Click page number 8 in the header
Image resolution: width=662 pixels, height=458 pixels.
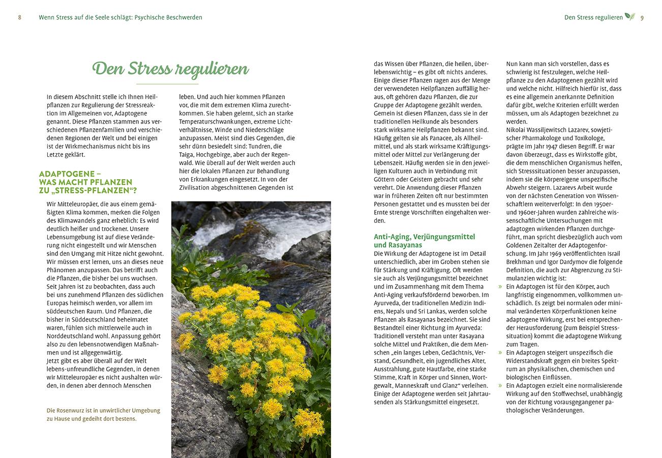19,17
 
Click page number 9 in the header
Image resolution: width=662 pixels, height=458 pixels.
642,17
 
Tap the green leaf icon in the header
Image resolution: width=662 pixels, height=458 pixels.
629,16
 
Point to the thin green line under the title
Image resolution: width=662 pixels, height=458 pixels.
167,84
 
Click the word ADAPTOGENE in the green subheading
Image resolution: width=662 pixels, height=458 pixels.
64,174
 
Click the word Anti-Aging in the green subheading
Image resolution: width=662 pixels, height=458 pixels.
392,237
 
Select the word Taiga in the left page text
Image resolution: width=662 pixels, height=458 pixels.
188,154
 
